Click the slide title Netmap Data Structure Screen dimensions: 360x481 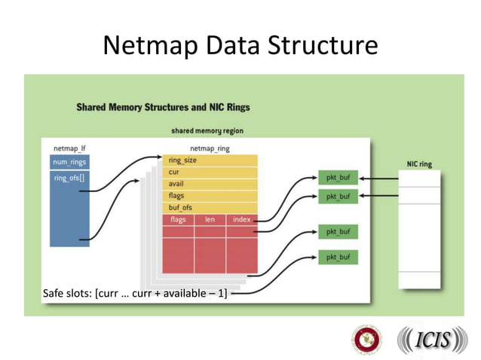pyautogui.click(x=240, y=46)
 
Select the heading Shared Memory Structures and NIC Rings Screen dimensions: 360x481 pyautogui.click(x=163, y=107)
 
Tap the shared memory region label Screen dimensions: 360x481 pyautogui.click(x=207, y=131)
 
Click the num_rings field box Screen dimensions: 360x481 pyautogui.click(x=70, y=162)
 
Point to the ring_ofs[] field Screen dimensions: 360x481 pyautogui.click(x=70, y=178)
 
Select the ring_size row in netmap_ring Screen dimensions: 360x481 pyautogui.click(x=210, y=160)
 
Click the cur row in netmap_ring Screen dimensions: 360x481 pyautogui.click(x=210, y=172)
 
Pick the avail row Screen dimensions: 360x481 pyautogui.click(x=210, y=184)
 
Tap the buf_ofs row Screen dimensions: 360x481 pyautogui.click(x=210, y=207)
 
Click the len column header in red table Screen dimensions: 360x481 pyautogui.click(x=210, y=219)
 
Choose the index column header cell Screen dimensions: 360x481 pyautogui.click(x=241, y=219)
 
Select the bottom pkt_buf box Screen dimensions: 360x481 pyautogui.click(x=338, y=258)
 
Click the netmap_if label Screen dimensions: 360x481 pyautogui.click(x=69, y=148)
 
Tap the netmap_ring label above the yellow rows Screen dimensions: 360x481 pyautogui.click(x=210, y=148)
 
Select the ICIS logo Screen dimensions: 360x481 pyautogui.click(x=432, y=340)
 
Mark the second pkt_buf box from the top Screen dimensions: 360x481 pyautogui.click(x=338, y=197)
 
